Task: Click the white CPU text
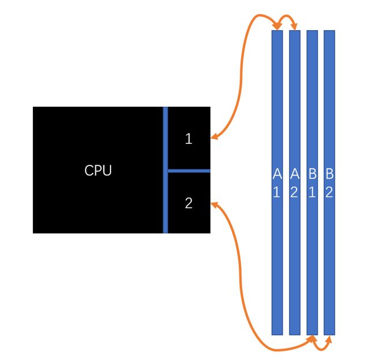click(98, 170)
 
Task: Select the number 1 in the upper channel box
click(188, 139)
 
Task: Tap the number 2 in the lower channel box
click(188, 203)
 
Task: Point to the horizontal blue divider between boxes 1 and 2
click(188, 170)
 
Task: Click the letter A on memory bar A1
click(277, 173)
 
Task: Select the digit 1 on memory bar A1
click(277, 192)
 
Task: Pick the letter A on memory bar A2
click(294, 173)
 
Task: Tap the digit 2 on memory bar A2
click(294, 192)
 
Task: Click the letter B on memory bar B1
click(312, 173)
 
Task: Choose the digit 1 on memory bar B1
click(312, 192)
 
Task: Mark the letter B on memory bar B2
click(329, 173)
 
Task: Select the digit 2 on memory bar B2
click(329, 192)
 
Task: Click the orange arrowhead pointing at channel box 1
click(214, 138)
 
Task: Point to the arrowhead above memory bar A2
click(295, 27)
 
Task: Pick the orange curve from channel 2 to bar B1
click(243, 289)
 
